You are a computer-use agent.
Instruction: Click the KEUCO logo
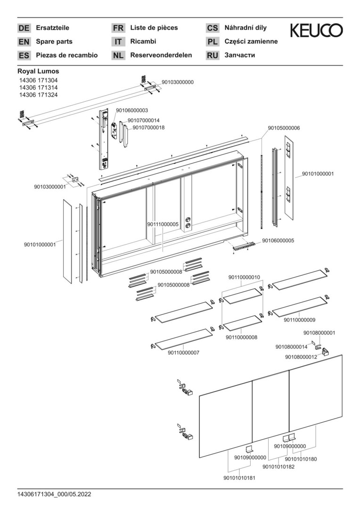pyautogui.click(x=316, y=31)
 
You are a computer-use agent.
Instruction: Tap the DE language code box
pyautogui.click(x=24, y=28)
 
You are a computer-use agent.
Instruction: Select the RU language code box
pyautogui.click(x=213, y=56)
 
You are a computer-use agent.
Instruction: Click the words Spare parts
pyautogui.click(x=54, y=41)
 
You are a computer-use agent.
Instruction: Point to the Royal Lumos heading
pyautogui.click(x=38, y=71)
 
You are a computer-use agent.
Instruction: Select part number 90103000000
pyautogui.click(x=178, y=82)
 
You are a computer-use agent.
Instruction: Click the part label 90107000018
pyautogui.click(x=148, y=127)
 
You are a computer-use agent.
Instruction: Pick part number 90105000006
pyautogui.click(x=284, y=128)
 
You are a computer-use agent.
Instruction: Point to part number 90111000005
pyautogui.click(x=163, y=224)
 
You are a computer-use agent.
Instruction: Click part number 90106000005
pyautogui.click(x=278, y=240)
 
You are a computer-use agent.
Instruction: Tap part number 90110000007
pyautogui.click(x=183, y=353)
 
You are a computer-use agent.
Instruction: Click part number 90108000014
pyautogui.click(x=292, y=347)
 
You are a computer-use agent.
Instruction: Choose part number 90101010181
pyautogui.click(x=239, y=478)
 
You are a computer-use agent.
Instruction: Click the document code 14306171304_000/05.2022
pyautogui.click(x=54, y=494)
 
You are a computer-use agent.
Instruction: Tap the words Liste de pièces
pyautogui.click(x=154, y=28)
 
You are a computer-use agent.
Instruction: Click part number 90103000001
pyautogui.click(x=49, y=187)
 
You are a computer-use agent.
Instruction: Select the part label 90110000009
pyautogui.click(x=300, y=320)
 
